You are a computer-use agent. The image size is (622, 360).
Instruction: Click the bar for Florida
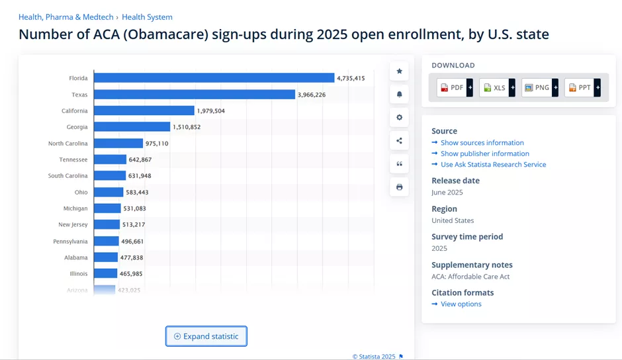point(214,78)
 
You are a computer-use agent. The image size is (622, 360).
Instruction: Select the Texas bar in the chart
point(194,95)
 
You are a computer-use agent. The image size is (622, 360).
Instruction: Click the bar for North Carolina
point(118,144)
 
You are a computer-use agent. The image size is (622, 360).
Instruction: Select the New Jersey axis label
point(73,225)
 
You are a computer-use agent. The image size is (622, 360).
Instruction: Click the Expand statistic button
point(206,336)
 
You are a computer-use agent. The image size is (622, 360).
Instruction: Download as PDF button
point(454,87)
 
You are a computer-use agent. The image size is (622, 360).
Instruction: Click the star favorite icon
point(399,71)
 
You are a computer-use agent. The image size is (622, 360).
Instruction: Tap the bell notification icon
point(399,95)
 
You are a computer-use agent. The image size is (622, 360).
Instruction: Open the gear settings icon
point(399,118)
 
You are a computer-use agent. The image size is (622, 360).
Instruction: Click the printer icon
point(399,187)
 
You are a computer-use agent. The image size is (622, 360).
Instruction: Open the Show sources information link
point(482,143)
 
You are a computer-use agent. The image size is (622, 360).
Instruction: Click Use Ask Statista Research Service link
point(493,165)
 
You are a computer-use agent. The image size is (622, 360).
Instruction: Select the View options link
point(461,304)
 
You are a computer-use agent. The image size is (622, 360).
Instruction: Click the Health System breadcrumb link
point(147,17)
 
